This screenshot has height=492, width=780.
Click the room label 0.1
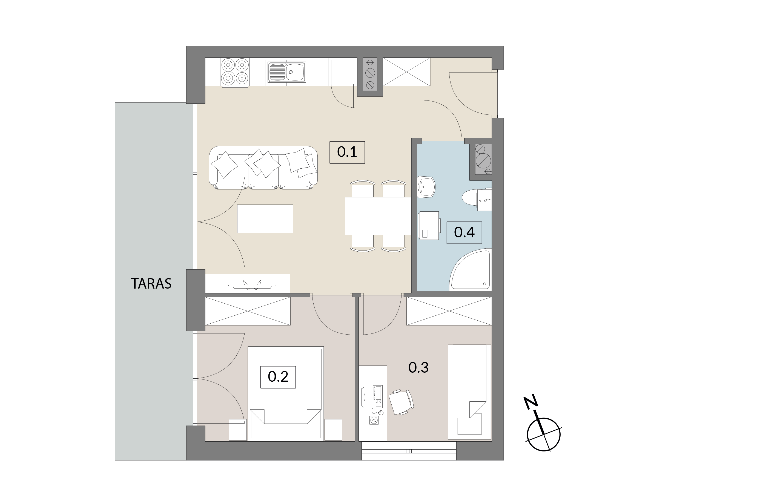click(x=347, y=152)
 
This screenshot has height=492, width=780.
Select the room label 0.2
click(x=278, y=377)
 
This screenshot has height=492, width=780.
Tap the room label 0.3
click(x=418, y=368)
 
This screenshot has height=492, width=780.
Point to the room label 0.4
click(x=464, y=232)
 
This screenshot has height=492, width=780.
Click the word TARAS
click(x=151, y=283)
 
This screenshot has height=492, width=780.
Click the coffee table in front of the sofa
click(x=265, y=219)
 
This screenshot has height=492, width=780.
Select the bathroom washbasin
click(x=426, y=187)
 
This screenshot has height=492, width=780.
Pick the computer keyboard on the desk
click(x=378, y=396)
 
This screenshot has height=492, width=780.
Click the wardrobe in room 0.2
click(x=248, y=311)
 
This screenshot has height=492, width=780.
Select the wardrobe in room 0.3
click(x=449, y=311)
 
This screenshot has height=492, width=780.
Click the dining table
click(x=378, y=216)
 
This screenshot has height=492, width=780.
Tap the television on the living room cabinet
click(x=252, y=285)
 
